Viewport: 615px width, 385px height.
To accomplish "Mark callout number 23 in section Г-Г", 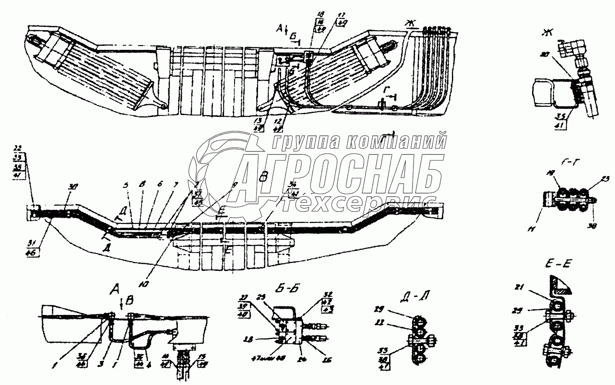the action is point(592,179).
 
